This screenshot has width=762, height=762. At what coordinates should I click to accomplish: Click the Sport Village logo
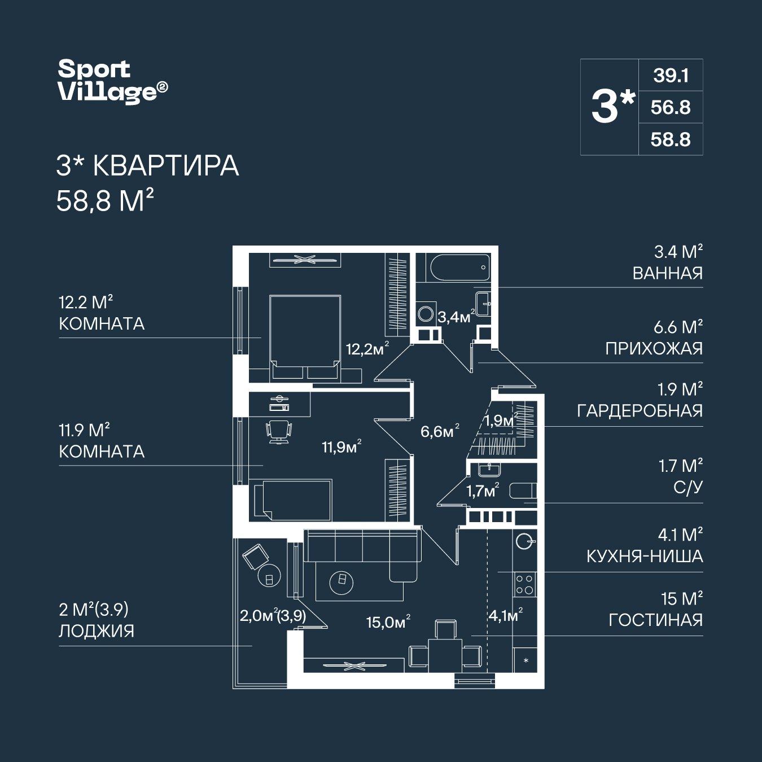(112, 82)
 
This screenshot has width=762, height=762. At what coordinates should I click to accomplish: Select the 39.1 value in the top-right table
(671, 75)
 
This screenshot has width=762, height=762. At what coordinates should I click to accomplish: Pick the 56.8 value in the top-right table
(671, 107)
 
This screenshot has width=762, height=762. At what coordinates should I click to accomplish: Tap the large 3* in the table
(612, 107)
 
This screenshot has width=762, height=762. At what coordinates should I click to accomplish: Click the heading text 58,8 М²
(105, 200)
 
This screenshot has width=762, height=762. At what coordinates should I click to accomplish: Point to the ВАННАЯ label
(667, 273)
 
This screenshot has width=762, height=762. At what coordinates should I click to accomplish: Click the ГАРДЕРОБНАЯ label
(640, 410)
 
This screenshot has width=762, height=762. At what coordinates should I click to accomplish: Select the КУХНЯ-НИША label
(645, 556)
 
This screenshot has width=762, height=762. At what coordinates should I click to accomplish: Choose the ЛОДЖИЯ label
(97, 630)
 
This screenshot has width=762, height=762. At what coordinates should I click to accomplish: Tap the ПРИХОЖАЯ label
(654, 348)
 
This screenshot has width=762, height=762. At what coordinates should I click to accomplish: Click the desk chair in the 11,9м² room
(279, 431)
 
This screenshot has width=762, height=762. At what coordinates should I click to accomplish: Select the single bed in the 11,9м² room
(292, 500)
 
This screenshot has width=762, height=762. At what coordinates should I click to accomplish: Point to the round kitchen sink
(524, 541)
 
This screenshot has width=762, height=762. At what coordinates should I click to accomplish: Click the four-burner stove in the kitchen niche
(524, 584)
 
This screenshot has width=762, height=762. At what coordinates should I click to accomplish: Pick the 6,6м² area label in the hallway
(440, 432)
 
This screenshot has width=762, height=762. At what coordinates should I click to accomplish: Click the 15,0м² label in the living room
(388, 622)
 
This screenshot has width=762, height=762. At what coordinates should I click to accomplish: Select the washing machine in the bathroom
(426, 313)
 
